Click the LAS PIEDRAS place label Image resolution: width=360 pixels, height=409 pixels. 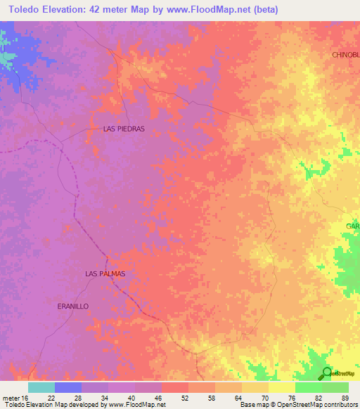(124, 129)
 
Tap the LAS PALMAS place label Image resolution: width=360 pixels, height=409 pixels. (105, 273)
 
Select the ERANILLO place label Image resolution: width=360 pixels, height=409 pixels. (72, 306)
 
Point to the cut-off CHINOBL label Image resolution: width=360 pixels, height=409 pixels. (345, 54)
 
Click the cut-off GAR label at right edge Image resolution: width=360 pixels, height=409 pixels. (352, 226)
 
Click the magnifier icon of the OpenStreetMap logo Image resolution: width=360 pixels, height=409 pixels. (327, 373)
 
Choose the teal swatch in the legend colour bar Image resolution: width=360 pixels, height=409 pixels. (41, 387)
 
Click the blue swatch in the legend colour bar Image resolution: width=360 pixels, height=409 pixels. (68, 387)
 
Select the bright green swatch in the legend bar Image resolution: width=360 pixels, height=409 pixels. (308, 387)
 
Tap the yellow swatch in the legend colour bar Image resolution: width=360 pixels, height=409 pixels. (281, 387)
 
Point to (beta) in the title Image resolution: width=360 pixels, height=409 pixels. (264, 10)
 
